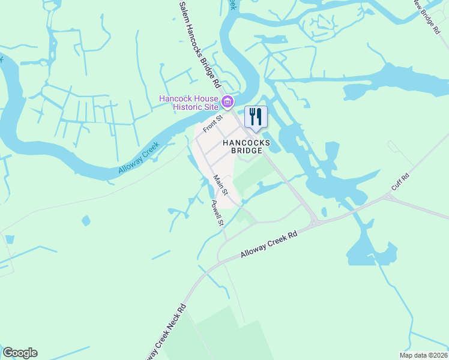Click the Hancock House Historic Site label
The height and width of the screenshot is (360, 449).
[x=188, y=103]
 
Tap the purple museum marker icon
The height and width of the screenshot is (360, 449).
[x=227, y=103]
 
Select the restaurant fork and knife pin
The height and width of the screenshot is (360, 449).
[x=256, y=116]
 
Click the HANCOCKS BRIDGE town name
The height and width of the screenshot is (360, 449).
[x=246, y=146]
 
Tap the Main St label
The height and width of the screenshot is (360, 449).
[x=220, y=184]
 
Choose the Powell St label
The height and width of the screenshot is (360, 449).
[x=217, y=212]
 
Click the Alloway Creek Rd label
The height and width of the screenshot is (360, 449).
[x=269, y=245]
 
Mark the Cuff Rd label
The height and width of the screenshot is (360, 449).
[x=400, y=182]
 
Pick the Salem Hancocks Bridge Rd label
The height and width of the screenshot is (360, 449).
[x=200, y=43]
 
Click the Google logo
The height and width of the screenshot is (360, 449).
[x=20, y=353]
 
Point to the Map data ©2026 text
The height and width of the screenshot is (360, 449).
[x=423, y=355]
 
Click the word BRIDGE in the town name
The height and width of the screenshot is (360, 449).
[x=246, y=151]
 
